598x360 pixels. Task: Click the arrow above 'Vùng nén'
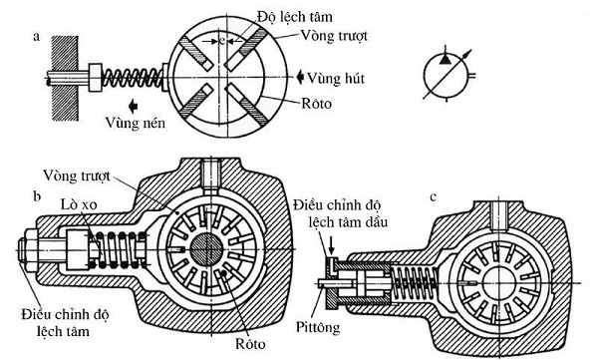132,103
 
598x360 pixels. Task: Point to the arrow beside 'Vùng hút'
298,76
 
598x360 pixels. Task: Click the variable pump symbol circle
441,71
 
